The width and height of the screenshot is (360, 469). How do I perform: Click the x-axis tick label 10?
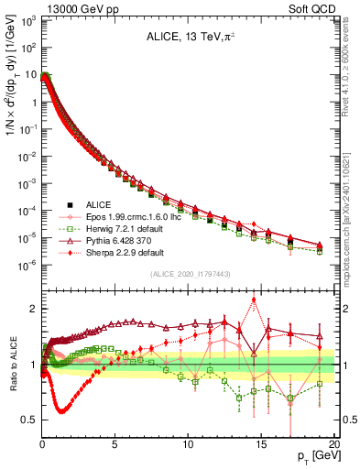coord(188,446)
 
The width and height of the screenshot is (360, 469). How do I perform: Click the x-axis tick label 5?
coord(115,446)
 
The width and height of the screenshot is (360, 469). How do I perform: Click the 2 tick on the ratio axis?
coord(32,309)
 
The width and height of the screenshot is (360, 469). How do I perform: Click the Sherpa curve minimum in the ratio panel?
coord(61,411)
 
